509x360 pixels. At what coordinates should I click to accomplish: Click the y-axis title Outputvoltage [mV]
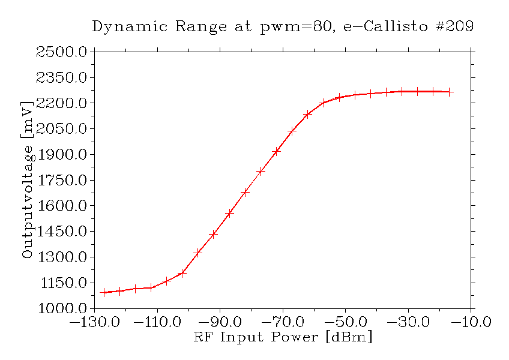27,180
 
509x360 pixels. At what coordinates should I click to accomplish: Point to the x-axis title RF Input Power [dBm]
283,337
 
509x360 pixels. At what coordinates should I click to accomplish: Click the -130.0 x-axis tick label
94,322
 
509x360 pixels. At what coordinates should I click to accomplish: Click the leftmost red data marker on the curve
104,292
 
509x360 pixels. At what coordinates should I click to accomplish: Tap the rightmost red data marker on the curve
449,92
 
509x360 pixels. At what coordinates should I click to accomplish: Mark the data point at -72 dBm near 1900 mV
276,151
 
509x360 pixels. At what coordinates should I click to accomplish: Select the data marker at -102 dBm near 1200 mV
182,273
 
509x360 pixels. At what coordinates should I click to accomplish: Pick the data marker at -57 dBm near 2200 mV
324,103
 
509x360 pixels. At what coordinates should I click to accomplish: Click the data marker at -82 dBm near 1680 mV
245,192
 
